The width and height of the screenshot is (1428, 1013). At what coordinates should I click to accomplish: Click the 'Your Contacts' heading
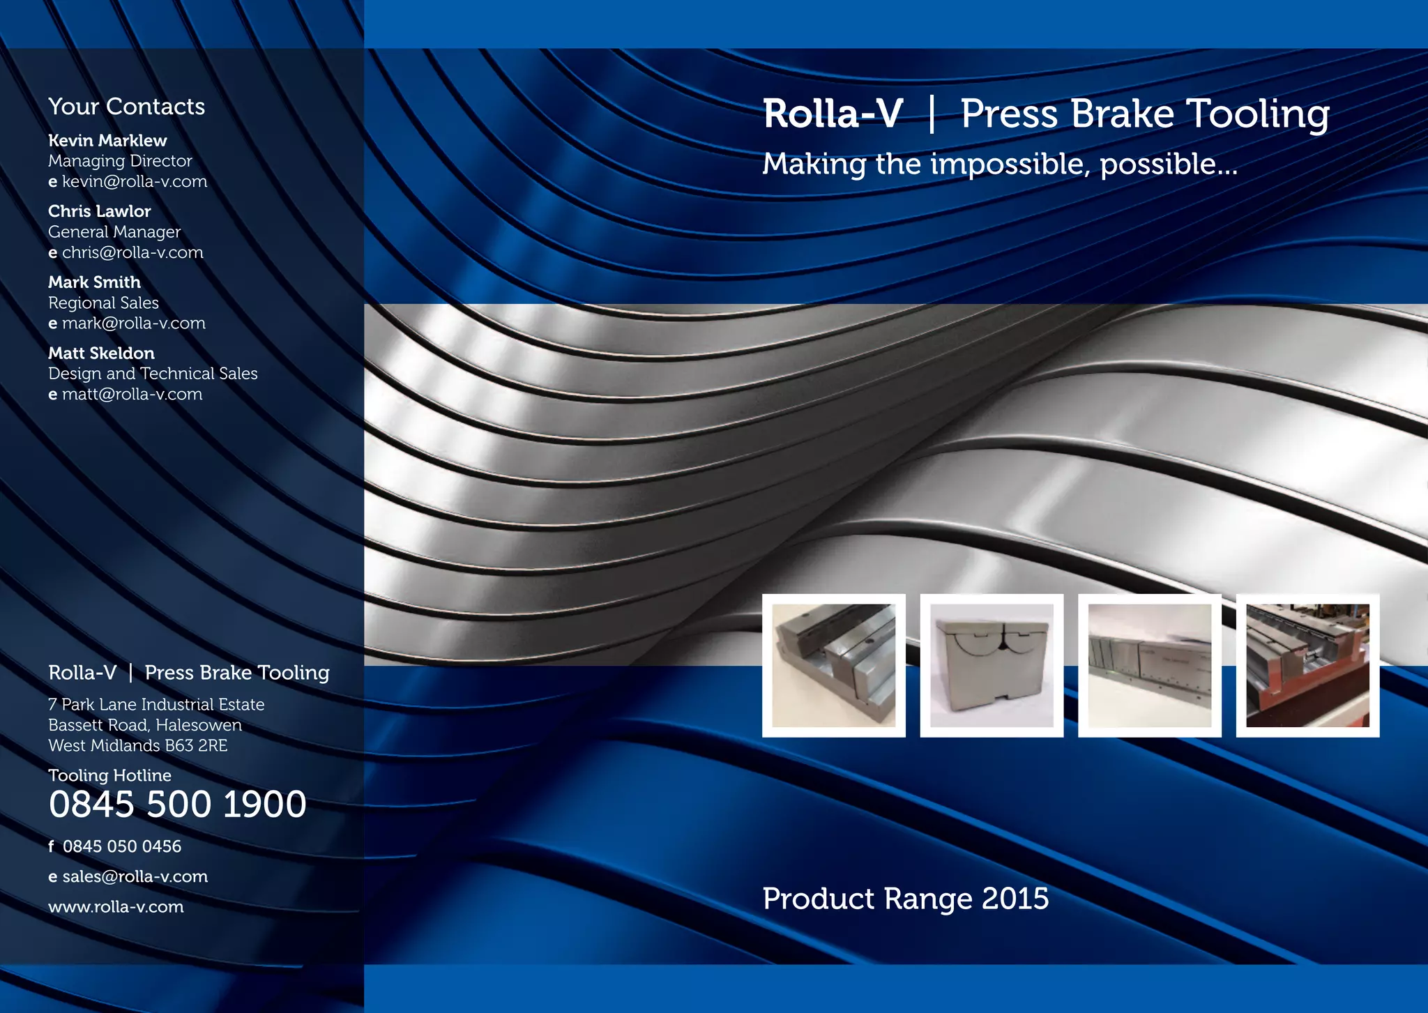pyautogui.click(x=126, y=107)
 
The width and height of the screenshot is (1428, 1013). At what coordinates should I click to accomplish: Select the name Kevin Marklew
pyautogui.click(x=107, y=141)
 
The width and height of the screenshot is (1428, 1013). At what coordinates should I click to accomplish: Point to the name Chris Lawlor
pyautogui.click(x=99, y=211)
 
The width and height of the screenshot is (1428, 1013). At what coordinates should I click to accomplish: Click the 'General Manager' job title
pyautogui.click(x=114, y=232)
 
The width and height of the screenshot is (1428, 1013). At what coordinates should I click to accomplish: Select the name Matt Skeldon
pyautogui.click(x=101, y=353)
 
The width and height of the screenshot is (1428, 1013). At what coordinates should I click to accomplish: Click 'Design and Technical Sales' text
pyautogui.click(x=153, y=374)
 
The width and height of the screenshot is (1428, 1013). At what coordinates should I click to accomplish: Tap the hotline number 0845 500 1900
pyautogui.click(x=177, y=805)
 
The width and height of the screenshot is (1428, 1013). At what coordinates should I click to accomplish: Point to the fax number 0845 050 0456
pyautogui.click(x=122, y=846)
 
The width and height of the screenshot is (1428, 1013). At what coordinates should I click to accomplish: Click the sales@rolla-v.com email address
pyautogui.click(x=135, y=877)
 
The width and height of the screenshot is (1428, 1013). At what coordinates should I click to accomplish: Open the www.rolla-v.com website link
pyautogui.click(x=116, y=907)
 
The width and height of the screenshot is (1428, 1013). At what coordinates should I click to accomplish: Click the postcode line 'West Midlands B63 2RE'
pyautogui.click(x=137, y=746)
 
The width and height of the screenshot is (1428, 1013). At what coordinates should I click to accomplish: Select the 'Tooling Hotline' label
pyautogui.click(x=109, y=775)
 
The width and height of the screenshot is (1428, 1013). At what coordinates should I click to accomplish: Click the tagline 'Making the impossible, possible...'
pyautogui.click(x=999, y=165)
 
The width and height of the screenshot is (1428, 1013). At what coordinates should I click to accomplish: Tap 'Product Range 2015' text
pyautogui.click(x=905, y=899)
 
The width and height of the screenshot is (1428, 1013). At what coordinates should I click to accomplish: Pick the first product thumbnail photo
pyautogui.click(x=833, y=665)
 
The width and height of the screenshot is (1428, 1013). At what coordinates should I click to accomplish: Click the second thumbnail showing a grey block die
pyautogui.click(x=992, y=665)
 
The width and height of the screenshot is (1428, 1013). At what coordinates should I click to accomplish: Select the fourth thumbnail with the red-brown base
pyautogui.click(x=1307, y=665)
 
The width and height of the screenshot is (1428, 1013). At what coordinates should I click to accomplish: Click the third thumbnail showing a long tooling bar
pyautogui.click(x=1149, y=665)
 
